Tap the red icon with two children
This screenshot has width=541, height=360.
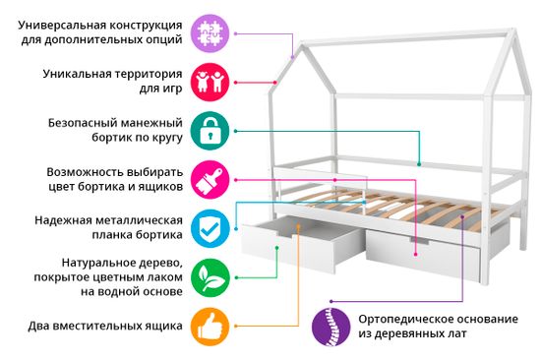208,81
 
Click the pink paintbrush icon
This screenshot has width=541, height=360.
208,178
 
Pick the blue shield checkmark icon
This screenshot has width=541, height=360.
208,227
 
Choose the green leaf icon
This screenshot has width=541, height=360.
208,276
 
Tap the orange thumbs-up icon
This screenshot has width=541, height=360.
208,325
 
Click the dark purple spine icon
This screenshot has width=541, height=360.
331,327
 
